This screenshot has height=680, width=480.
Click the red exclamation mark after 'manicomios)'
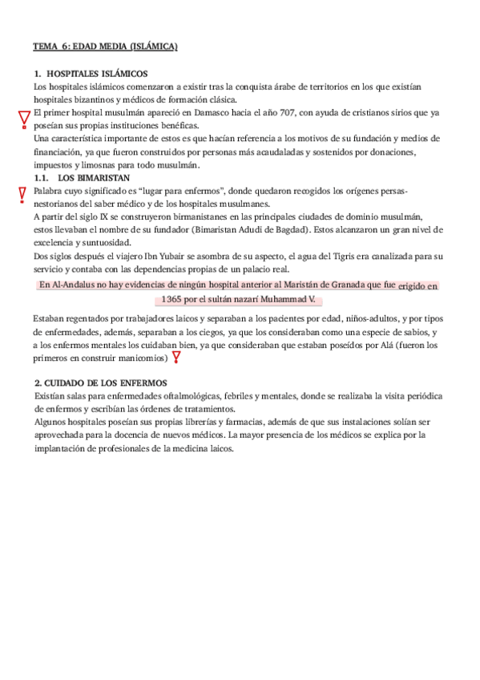(x=175, y=358)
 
